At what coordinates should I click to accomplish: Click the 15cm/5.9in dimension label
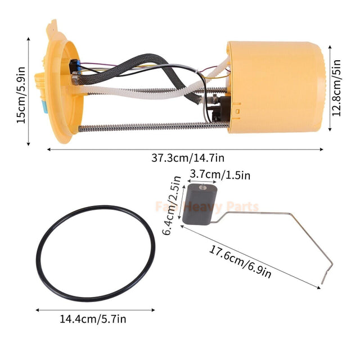(20, 90)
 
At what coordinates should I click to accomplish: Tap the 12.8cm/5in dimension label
(336, 88)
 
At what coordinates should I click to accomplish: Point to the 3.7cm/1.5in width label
(220, 175)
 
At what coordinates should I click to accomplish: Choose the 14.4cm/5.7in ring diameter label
(93, 319)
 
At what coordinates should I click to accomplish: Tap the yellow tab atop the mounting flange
(53, 25)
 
